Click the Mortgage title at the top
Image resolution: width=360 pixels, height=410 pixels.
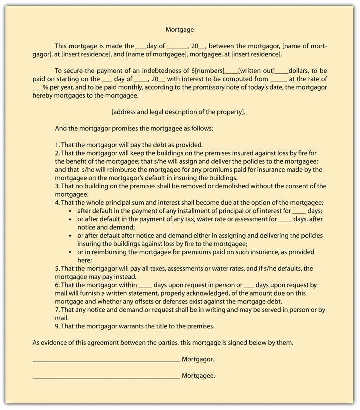(180, 30)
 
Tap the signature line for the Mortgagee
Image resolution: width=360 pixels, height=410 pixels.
(106, 377)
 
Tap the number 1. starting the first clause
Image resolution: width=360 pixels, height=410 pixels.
(58, 145)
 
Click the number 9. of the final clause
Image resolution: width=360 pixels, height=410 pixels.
(58, 326)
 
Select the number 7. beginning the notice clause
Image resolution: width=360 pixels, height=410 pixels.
(58, 310)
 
